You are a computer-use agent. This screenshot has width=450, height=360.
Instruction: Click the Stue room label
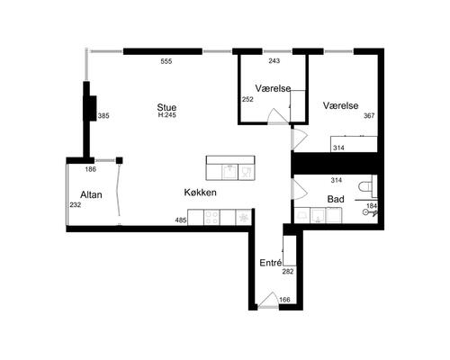pyautogui.click(x=166, y=107)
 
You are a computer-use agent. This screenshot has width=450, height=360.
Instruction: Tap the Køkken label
pyautogui.click(x=200, y=193)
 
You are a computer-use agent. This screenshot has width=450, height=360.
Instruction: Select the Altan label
pyautogui.click(x=91, y=194)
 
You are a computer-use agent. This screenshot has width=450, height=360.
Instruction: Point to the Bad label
pyautogui.click(x=336, y=199)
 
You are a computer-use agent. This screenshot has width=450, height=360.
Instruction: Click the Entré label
pyautogui.click(x=271, y=263)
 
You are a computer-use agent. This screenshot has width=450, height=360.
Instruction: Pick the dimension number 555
pyautogui.click(x=166, y=61)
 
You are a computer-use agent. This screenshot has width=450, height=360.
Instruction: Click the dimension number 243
pyautogui.click(x=274, y=61)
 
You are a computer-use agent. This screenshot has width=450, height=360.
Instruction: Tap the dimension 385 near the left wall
pyautogui.click(x=103, y=116)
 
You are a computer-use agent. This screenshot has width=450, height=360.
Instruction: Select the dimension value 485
pyautogui.click(x=181, y=220)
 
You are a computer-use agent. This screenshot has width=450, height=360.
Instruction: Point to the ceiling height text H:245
pyautogui.click(x=166, y=115)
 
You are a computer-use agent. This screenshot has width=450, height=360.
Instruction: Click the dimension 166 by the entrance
pyautogui.click(x=284, y=300)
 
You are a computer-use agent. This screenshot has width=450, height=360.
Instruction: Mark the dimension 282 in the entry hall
pyautogui.click(x=288, y=272)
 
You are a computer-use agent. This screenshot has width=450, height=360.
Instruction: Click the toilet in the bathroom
pyautogui.click(x=365, y=186)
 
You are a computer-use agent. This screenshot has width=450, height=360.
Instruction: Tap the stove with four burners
pyautogui.click(x=211, y=217)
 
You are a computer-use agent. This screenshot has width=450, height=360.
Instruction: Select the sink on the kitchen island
pyautogui.click(x=229, y=172)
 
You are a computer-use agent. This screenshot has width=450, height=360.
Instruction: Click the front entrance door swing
pyautogui.click(x=268, y=300)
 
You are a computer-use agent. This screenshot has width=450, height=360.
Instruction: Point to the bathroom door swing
pyautogui.click(x=300, y=190)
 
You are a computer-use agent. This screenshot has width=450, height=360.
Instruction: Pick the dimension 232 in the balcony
pyautogui.click(x=76, y=205)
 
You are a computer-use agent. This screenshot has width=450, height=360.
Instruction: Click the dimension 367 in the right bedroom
pyautogui.click(x=369, y=116)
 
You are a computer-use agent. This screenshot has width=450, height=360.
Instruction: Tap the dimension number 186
pyautogui.click(x=90, y=169)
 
